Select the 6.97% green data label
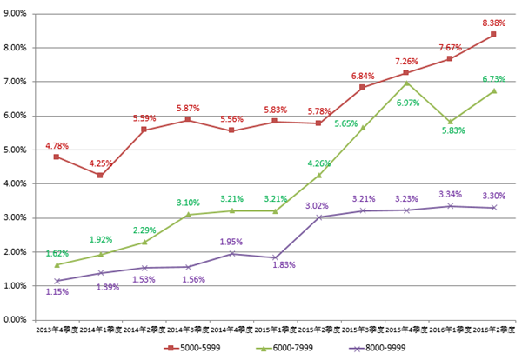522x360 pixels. pyautogui.click(x=406, y=103)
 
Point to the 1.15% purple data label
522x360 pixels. pyautogui.click(x=57, y=291)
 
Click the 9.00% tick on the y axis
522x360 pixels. pyautogui.click(x=17, y=13)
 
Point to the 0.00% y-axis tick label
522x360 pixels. pyautogui.click(x=17, y=319)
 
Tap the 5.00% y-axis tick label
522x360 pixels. pyautogui.click(x=17, y=150)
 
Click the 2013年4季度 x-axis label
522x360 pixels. pyautogui.click(x=57, y=330)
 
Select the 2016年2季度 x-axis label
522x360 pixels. pyautogui.click(x=493, y=330)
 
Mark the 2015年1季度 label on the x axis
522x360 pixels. pyautogui.click(x=275, y=330)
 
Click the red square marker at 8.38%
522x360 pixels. pyautogui.click(x=493, y=34)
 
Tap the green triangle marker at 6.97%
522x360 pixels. pyautogui.click(x=406, y=83)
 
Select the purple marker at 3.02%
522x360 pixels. pyautogui.click(x=318, y=217)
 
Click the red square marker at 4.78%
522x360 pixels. pyautogui.click(x=57, y=157)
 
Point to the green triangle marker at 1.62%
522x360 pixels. pyautogui.click(x=57, y=264)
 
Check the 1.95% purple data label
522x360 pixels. pyautogui.click(x=231, y=242)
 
